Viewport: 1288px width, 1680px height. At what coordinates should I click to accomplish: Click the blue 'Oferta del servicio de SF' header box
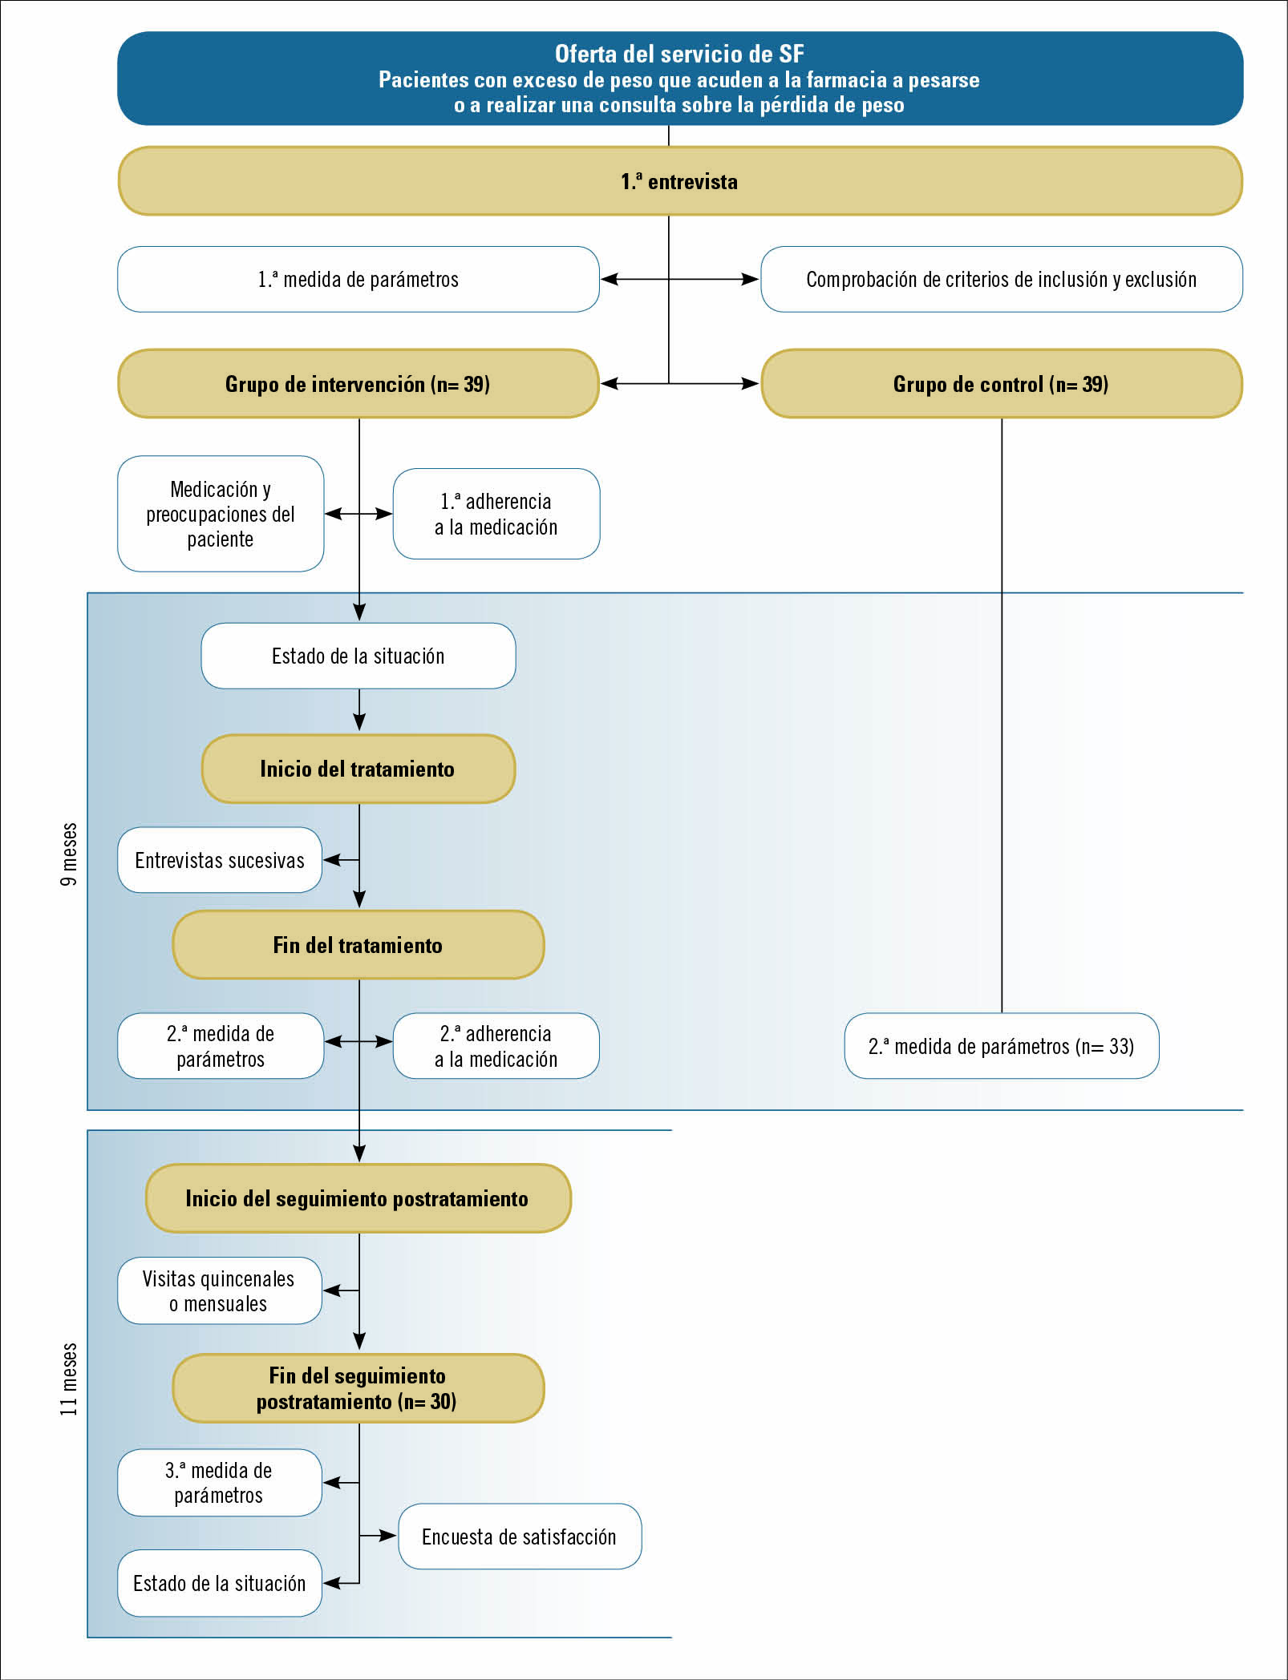[x=680, y=79]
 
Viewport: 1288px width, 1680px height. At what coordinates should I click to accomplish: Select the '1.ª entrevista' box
[x=680, y=181]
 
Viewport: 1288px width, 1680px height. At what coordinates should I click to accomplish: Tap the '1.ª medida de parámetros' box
[x=358, y=279]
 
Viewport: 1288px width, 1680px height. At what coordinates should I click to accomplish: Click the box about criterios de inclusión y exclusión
[x=1002, y=279]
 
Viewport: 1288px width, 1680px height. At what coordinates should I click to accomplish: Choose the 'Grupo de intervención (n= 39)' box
[x=358, y=384]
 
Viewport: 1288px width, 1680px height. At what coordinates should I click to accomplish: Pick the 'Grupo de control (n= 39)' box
[x=1002, y=384]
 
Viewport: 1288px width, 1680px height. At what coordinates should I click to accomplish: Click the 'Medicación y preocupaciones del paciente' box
[x=221, y=514]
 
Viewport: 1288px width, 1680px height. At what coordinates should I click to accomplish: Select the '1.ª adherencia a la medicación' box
[x=496, y=514]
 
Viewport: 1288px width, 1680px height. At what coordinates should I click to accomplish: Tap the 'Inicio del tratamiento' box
[x=358, y=769]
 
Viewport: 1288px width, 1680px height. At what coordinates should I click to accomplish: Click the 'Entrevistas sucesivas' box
[x=220, y=860]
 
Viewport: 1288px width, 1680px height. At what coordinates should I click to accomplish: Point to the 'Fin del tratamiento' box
[x=358, y=945]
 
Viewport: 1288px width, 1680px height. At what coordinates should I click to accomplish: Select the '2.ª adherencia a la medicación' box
[x=496, y=1046]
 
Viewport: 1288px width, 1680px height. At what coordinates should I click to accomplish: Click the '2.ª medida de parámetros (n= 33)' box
[x=1002, y=1046]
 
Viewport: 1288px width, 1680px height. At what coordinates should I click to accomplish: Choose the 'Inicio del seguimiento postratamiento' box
[x=358, y=1198]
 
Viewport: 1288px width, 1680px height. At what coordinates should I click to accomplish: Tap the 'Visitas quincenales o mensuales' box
[x=220, y=1290]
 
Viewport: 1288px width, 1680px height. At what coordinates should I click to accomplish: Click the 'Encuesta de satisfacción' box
[x=520, y=1537]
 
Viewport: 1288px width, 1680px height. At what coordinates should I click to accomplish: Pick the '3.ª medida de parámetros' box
[x=220, y=1483]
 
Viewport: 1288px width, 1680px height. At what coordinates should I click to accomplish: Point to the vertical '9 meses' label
[x=69, y=854]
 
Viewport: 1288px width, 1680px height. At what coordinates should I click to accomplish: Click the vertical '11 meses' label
[x=69, y=1379]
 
